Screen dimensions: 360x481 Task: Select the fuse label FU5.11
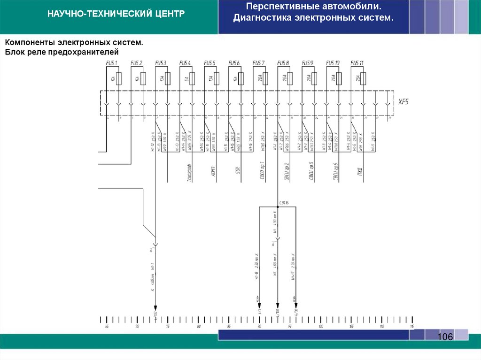coord(357,63)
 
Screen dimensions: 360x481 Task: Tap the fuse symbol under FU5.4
coord(192,79)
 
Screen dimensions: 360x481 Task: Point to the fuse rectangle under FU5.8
coord(290,79)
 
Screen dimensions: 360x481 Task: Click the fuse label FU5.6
coord(234,63)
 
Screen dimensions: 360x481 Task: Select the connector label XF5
coord(403,102)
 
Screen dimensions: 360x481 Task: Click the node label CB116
coord(284,203)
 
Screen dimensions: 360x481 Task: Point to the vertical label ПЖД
coord(360,169)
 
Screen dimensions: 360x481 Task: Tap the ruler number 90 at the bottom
coord(259,326)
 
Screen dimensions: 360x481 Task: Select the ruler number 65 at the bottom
coord(107,326)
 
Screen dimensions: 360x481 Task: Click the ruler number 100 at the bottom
coord(320,326)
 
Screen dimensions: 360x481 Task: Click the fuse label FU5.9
coord(308,63)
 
